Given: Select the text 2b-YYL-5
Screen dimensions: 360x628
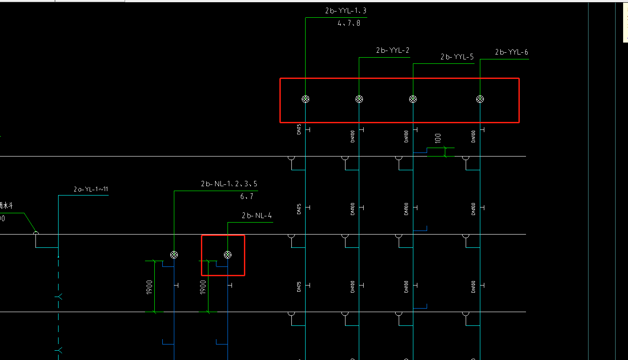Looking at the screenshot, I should click(x=457, y=57).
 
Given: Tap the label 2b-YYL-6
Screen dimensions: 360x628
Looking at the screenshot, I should click(x=511, y=52).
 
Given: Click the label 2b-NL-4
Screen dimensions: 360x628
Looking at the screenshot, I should click(x=257, y=216).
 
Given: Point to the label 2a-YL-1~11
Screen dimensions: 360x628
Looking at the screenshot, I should click(x=91, y=189).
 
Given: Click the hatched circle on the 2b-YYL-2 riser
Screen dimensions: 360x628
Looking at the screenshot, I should click(x=359, y=99).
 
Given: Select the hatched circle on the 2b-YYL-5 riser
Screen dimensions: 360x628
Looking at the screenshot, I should click(x=413, y=99).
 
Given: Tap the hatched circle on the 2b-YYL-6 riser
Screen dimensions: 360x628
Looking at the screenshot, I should click(x=480, y=99).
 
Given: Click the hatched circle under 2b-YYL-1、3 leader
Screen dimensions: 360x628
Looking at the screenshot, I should click(x=305, y=99).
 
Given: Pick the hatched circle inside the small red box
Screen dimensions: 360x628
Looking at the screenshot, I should click(x=228, y=254).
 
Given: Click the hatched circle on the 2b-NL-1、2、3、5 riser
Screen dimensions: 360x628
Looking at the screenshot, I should click(x=174, y=254).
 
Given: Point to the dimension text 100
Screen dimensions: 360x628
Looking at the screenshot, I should click(x=438, y=138).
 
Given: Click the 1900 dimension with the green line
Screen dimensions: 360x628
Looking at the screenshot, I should click(x=150, y=287).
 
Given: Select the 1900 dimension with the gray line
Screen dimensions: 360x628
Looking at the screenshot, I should click(x=203, y=287).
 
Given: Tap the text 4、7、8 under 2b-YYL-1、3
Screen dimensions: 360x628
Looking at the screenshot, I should click(x=349, y=23).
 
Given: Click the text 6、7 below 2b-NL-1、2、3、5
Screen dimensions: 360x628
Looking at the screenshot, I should click(x=247, y=196).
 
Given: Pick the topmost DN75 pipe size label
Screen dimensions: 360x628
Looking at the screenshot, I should click(x=299, y=129).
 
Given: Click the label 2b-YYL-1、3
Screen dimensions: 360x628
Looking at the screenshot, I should click(x=345, y=11).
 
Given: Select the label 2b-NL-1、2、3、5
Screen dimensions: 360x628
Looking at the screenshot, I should click(x=229, y=184).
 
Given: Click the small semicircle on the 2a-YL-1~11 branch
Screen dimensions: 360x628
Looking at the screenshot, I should click(x=36, y=233).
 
